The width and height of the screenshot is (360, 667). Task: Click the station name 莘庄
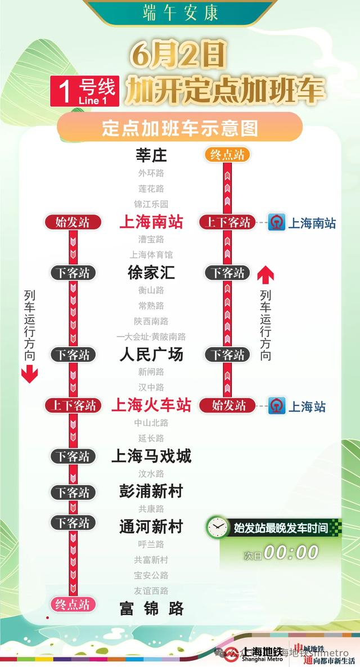(151, 155)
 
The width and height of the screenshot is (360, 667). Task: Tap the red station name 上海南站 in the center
(151, 222)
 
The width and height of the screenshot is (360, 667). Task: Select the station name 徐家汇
(151, 273)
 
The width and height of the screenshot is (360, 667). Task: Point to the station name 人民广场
(151, 355)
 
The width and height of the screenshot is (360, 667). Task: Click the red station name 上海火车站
(151, 405)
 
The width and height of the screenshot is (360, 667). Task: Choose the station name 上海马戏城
(151, 455)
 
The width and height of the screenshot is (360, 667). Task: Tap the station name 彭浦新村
(151, 491)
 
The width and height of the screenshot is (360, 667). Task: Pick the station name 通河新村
(151, 527)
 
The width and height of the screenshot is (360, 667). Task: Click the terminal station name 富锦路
(151, 608)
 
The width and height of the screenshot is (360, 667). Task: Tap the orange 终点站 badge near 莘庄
(227, 155)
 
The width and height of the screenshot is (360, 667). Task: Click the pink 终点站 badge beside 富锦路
(73, 605)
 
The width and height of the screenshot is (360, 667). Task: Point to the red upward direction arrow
(265, 275)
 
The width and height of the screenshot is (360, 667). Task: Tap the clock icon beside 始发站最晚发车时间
(217, 527)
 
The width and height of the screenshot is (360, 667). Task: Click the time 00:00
(291, 553)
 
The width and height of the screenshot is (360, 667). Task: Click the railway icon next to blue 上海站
(277, 405)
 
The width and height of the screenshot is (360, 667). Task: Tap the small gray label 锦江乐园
(151, 204)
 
